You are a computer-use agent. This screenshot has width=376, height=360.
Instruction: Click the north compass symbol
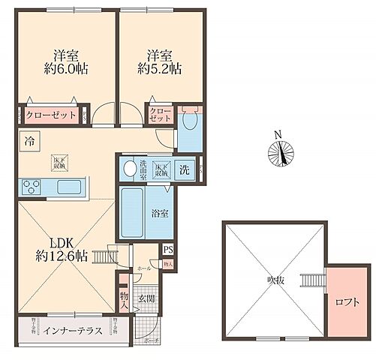[x=279, y=153]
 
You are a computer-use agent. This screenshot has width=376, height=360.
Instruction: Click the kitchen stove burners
[x=33, y=187]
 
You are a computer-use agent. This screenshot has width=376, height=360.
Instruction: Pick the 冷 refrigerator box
[x=29, y=140]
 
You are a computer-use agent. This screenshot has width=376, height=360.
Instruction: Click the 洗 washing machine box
[x=185, y=169]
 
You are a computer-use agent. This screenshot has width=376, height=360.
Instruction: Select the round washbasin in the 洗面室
[x=129, y=167]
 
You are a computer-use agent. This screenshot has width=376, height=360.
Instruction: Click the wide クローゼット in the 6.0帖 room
[x=48, y=117]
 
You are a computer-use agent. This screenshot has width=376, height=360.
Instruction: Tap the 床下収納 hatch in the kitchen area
[x=59, y=160]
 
